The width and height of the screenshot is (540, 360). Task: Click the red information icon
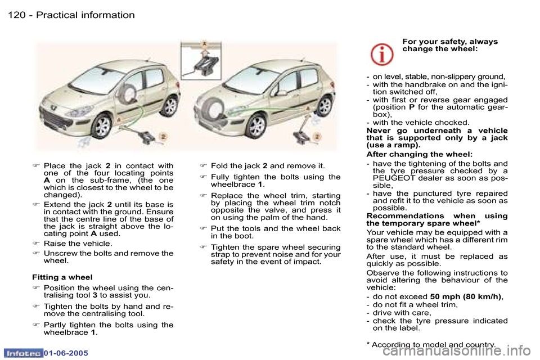(x=382, y=54)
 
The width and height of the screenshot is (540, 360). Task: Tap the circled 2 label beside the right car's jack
(x=317, y=136)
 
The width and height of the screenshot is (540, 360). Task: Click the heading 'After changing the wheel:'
(x=419, y=154)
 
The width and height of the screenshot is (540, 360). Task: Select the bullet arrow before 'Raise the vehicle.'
(x=35, y=244)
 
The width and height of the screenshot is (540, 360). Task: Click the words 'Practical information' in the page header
(x=85, y=15)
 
